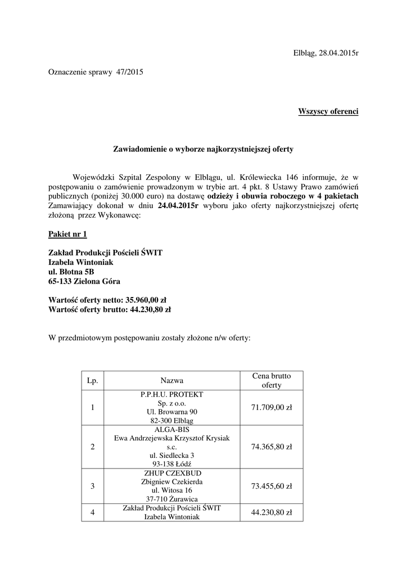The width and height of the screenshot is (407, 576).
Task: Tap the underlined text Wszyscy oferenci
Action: point(328,111)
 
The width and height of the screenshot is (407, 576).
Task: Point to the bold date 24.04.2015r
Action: point(178,206)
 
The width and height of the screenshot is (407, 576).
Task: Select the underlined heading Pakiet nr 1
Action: point(67,233)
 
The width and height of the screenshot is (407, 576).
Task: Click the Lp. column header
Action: point(93,381)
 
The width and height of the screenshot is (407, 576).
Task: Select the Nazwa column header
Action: point(172,381)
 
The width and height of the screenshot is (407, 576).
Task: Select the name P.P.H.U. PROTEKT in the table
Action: point(172,394)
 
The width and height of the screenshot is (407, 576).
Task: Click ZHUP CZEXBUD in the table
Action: point(172,473)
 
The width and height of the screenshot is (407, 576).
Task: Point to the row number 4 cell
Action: point(93,512)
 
